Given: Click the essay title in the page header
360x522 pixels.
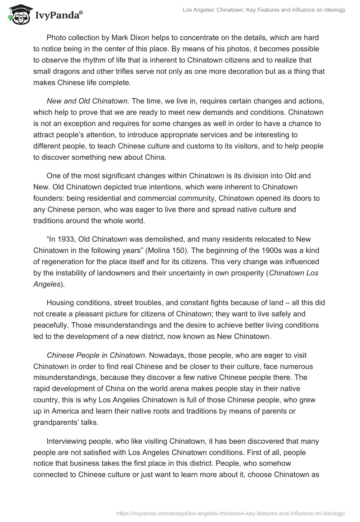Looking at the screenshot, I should (x=264, y=10).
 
